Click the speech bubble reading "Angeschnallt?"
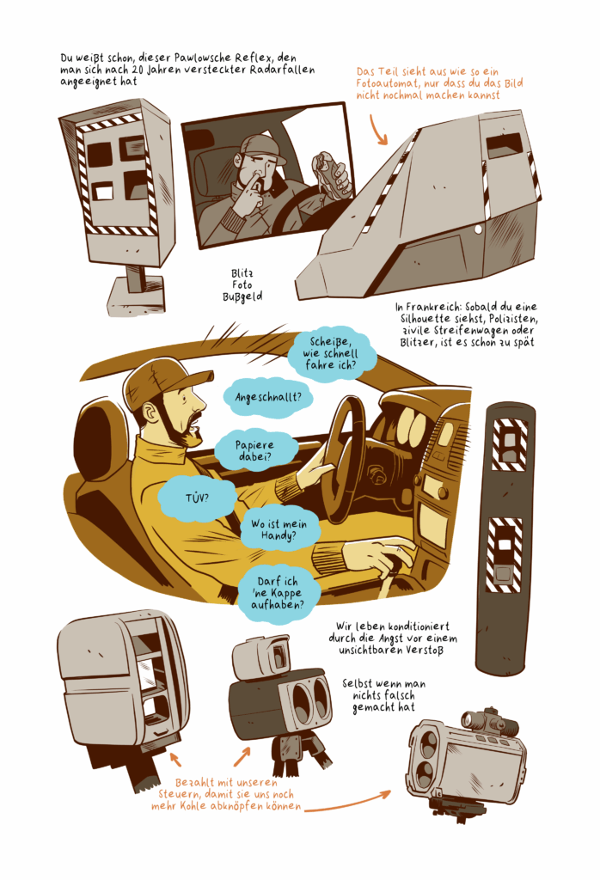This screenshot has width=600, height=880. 267,398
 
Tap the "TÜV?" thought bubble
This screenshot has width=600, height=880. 197,498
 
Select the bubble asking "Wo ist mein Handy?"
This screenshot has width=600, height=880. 279,529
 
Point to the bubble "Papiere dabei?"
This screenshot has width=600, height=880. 255,450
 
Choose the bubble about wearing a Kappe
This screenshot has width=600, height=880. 278,593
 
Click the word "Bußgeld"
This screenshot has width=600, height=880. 242,296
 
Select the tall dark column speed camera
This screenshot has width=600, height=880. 504,537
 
